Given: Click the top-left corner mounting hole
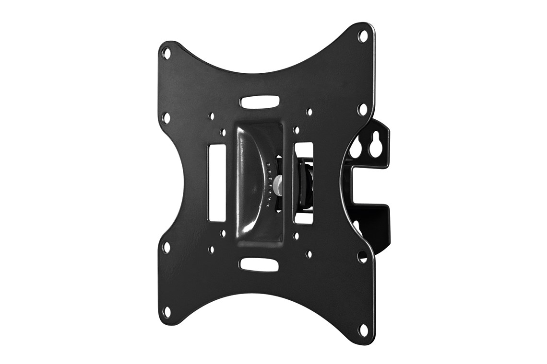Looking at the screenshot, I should [x=166, y=52].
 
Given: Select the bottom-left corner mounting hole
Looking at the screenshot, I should [x=166, y=312].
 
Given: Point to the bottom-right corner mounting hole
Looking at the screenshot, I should [x=363, y=330].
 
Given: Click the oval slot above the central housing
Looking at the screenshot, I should [x=260, y=102].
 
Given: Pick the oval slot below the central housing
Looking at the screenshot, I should [x=259, y=265].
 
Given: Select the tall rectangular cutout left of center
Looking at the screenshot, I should [x=216, y=183].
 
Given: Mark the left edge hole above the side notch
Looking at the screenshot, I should [x=166, y=117].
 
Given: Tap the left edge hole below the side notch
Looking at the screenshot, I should [x=166, y=248].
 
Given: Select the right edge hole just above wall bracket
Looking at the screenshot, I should [x=363, y=109].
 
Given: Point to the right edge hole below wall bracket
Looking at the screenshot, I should [x=362, y=257].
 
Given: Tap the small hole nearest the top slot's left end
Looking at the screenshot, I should [x=211, y=116].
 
